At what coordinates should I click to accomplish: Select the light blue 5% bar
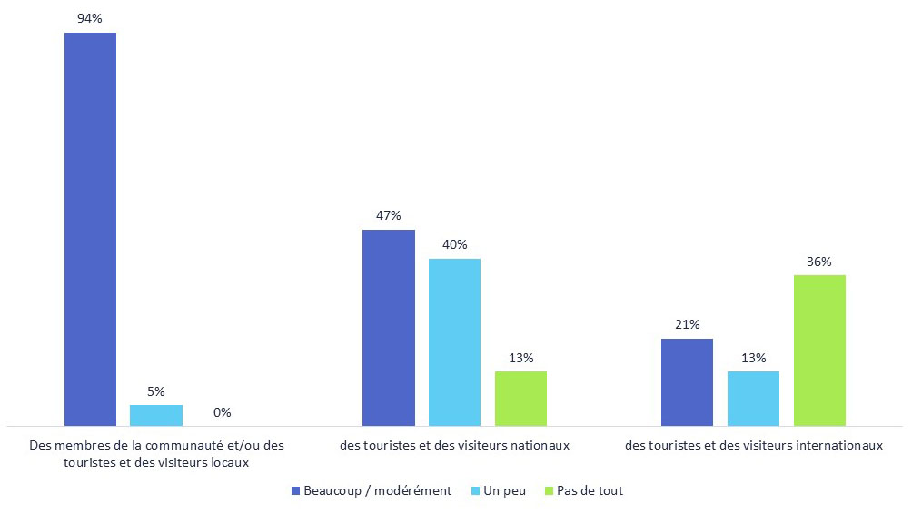click(156, 415)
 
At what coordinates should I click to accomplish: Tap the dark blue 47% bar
click(389, 328)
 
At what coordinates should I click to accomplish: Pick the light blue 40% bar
click(454, 342)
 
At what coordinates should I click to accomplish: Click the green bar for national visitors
click(520, 399)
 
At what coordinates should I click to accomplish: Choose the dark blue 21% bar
click(687, 382)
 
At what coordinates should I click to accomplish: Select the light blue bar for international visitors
click(753, 399)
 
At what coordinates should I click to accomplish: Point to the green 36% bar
click(819, 351)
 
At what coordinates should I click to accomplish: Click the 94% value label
click(90, 18)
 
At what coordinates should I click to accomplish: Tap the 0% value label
click(223, 412)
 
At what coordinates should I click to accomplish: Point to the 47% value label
click(389, 215)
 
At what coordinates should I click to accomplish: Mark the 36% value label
click(819, 261)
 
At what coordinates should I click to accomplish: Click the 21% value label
click(687, 324)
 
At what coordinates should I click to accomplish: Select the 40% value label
click(454, 244)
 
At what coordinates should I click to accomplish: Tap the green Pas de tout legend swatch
click(548, 491)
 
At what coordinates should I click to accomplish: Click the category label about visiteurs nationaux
click(454, 445)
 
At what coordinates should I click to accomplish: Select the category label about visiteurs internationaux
click(754, 445)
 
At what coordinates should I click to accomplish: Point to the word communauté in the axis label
click(176, 445)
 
